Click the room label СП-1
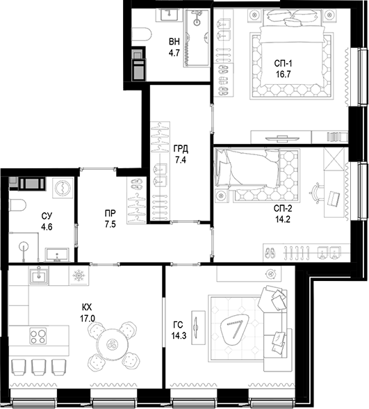pyautogui.click(x=283, y=63)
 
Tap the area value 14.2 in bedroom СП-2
pyautogui.click(x=283, y=219)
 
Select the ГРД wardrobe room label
pyautogui.click(x=181, y=149)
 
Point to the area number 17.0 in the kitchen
pyautogui.click(x=88, y=319)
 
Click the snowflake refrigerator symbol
pyautogui.click(x=79, y=276)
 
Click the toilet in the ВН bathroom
pyautogui.click(x=142, y=35)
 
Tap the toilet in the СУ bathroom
pyautogui.click(x=17, y=205)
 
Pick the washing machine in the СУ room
pyautogui.click(x=63, y=187)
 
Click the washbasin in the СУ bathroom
pyautogui.click(x=57, y=255)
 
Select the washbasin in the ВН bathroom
pyautogui.click(x=169, y=15)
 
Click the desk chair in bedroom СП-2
pyautogui.click(x=315, y=193)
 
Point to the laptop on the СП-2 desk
pyautogui.click(x=334, y=198)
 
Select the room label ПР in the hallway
pyautogui.click(x=110, y=214)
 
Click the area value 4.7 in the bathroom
pyautogui.click(x=174, y=53)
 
